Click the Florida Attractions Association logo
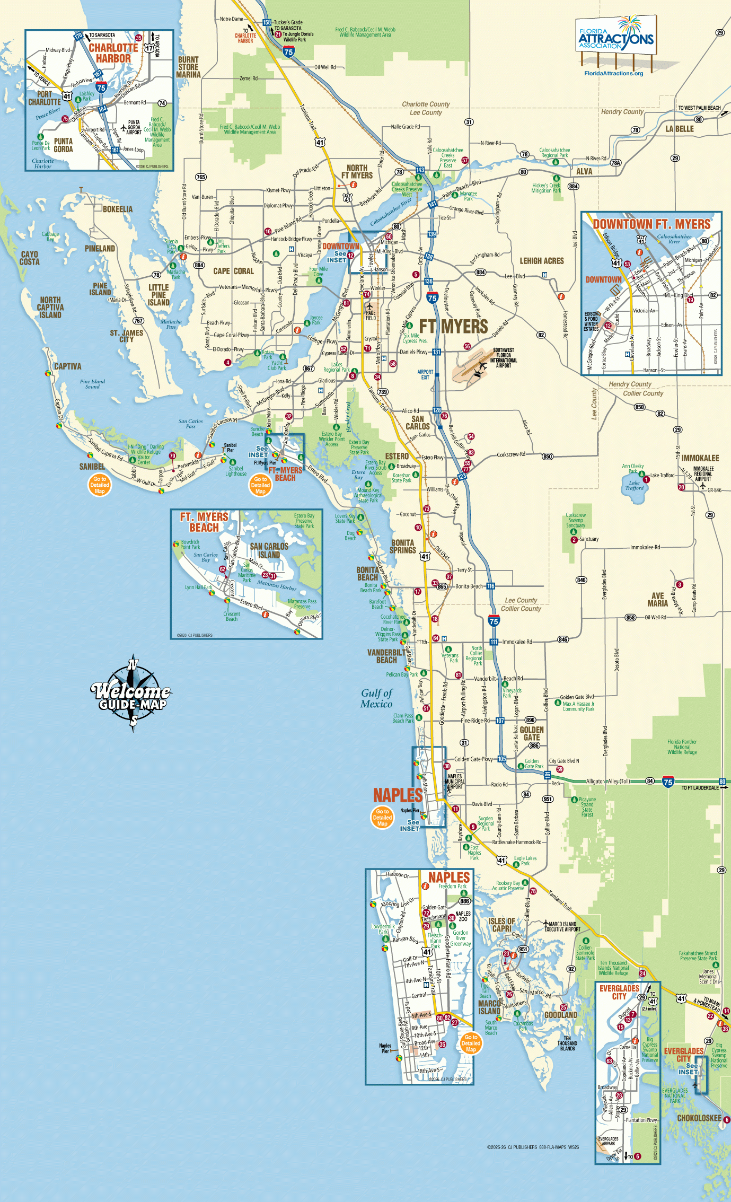pos(615,36)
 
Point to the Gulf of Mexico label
pos(376,698)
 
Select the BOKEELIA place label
pos(117,209)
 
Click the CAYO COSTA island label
pos(30,258)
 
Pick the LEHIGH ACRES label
pos(541,261)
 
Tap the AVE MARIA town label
pos(657,600)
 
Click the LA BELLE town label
pos(680,129)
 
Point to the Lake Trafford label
pos(635,485)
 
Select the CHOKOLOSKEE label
pos(699,1118)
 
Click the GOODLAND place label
pos(561,1015)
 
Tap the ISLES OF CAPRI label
pos(501,925)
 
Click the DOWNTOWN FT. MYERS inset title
pos(651,224)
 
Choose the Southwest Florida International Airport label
pos(503,358)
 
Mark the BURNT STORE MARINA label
pos(189,67)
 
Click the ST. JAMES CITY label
pos(126,336)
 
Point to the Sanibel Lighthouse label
pos(236,471)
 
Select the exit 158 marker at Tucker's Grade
pos(267,22)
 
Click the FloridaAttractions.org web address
pos(613,74)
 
